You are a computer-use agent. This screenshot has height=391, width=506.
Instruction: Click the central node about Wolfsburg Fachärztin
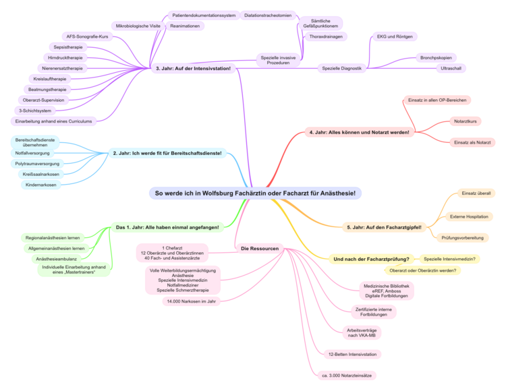pyautogui.click(x=255, y=193)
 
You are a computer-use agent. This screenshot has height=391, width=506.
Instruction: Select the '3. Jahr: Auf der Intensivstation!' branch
pyautogui.click(x=193, y=68)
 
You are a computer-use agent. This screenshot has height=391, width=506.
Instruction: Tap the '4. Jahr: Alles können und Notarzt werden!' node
pyautogui.click(x=359, y=132)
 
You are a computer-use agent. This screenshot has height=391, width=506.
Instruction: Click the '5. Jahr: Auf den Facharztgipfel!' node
pyautogui.click(x=383, y=227)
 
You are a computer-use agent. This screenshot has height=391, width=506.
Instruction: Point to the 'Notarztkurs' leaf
pyautogui.click(x=466, y=121)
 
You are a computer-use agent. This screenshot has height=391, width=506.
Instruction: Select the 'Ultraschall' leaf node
pyautogui.click(x=451, y=68)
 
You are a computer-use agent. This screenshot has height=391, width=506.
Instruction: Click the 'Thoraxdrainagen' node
pyautogui.click(x=326, y=36)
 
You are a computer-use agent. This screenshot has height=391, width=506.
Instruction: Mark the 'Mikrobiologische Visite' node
pyautogui.click(x=138, y=26)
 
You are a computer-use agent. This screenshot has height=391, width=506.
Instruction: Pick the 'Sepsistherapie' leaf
pyautogui.click(x=68, y=47)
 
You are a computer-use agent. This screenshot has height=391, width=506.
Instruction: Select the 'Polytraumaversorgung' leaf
pyautogui.click(x=38, y=164)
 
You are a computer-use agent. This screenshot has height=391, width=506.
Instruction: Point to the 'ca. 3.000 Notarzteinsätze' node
pyautogui.click(x=347, y=375)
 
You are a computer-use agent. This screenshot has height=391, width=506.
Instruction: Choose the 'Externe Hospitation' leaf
pyautogui.click(x=470, y=216)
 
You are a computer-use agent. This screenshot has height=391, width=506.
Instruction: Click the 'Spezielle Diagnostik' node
pyautogui.click(x=342, y=68)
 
